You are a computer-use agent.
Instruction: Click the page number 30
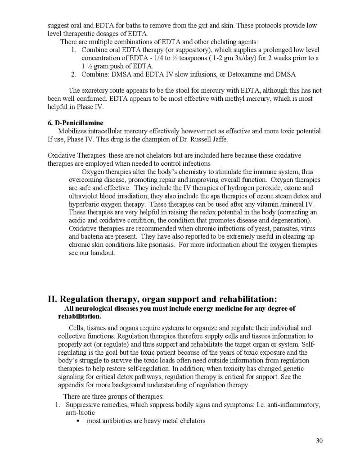click(319, 441)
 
